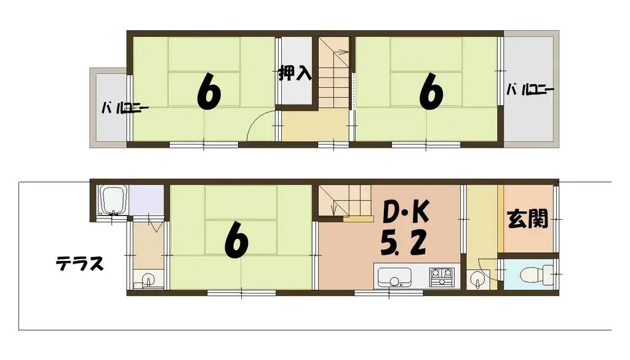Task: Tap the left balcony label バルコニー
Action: point(125,110)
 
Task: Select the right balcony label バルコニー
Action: point(530,90)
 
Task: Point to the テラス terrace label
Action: point(79,264)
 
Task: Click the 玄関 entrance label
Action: point(528,219)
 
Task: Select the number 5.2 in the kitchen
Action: point(403,244)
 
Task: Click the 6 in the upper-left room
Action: point(209,93)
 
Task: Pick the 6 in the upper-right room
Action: point(431,93)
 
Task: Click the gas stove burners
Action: point(442,277)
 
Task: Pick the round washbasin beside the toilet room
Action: point(477,280)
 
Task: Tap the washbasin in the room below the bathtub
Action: point(148,281)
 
